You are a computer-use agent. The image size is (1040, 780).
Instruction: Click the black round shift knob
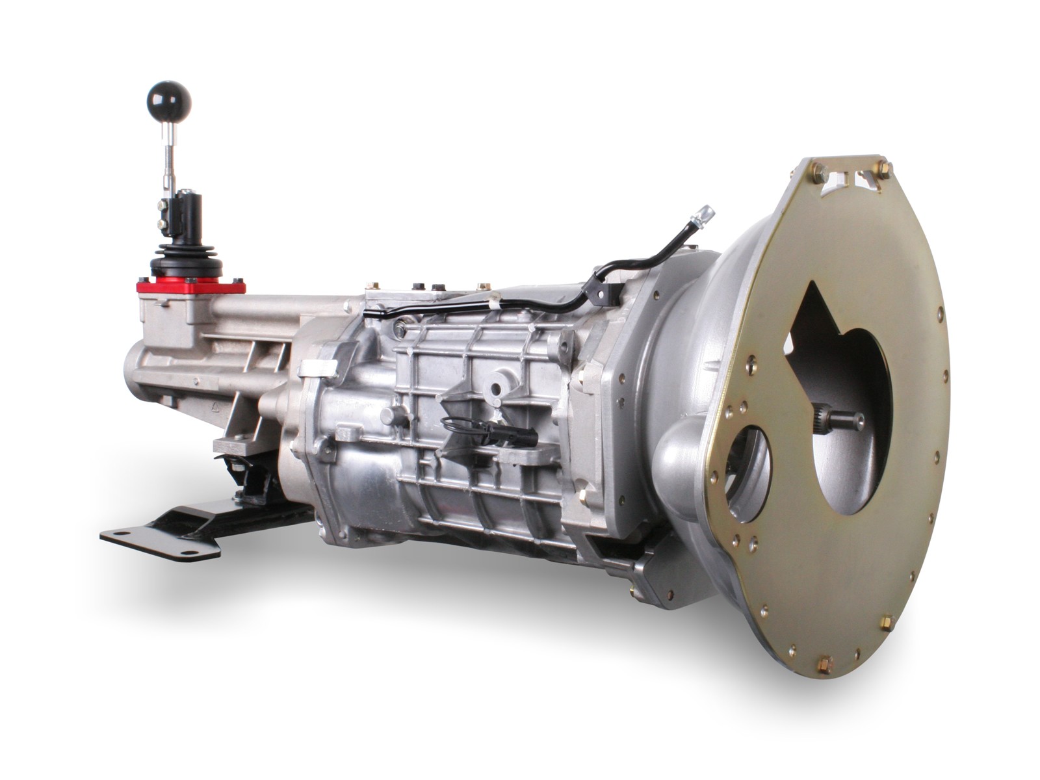pyautogui.click(x=169, y=99)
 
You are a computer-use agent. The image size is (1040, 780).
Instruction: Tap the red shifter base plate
pyautogui.click(x=190, y=286)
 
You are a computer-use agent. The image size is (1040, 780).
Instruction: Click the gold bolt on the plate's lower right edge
pyautogui.click(x=886, y=623)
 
